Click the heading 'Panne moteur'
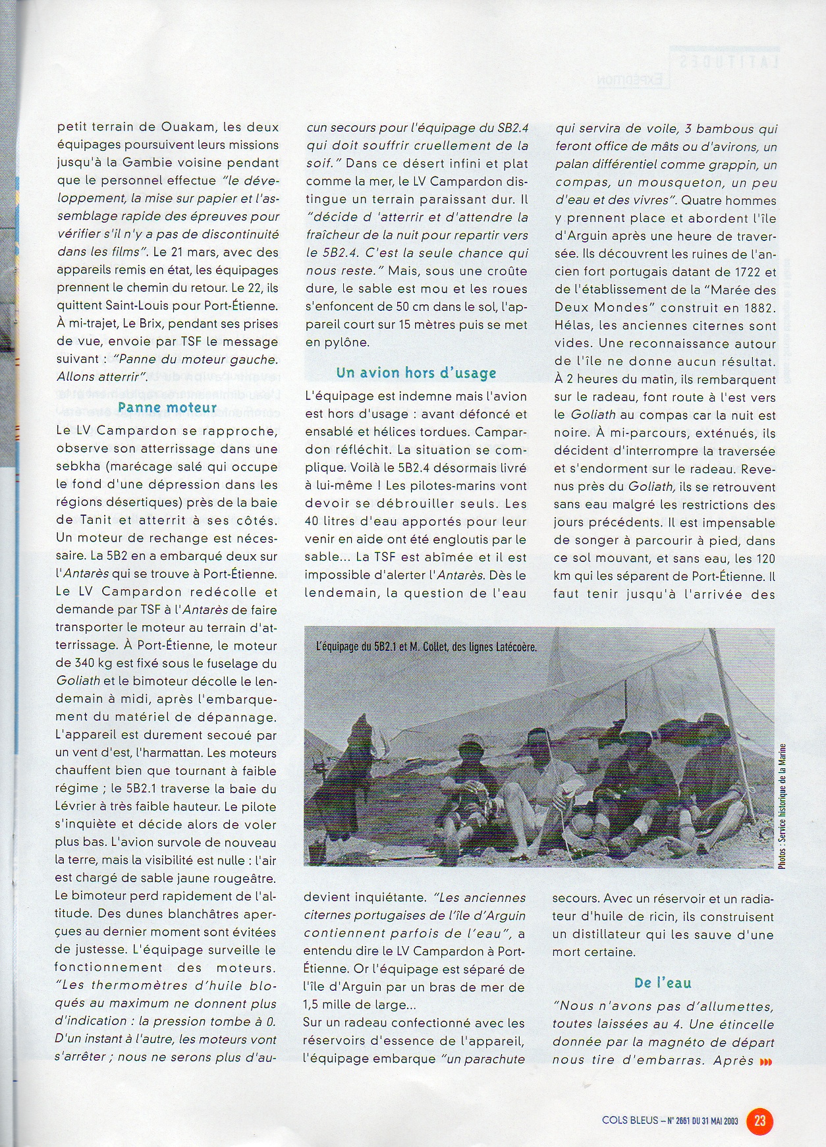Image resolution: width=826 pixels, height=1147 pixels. [167, 408]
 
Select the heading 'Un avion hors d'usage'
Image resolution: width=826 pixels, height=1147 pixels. [416, 373]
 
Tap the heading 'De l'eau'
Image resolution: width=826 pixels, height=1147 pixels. [663, 983]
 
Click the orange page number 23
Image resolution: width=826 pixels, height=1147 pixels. [759, 1120]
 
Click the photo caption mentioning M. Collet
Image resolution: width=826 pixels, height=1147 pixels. [426, 647]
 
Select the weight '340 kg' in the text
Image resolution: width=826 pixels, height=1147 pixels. [97, 664]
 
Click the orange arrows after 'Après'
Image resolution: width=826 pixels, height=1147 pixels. [765, 1061]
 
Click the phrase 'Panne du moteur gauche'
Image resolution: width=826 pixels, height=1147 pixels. [196, 360]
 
